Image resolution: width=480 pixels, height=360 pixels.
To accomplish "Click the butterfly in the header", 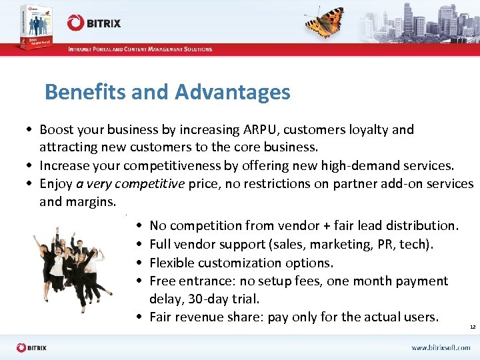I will (x=325, y=22).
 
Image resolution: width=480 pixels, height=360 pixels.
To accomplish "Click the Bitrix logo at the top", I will (x=94, y=23).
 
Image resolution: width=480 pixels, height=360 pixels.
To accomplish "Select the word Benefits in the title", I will (x=85, y=92).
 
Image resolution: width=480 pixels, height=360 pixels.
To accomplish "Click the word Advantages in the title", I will (x=232, y=92).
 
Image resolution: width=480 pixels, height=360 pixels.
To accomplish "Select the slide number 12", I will (x=473, y=327).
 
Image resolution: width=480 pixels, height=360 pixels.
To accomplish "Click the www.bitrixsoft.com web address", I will (x=441, y=347).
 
